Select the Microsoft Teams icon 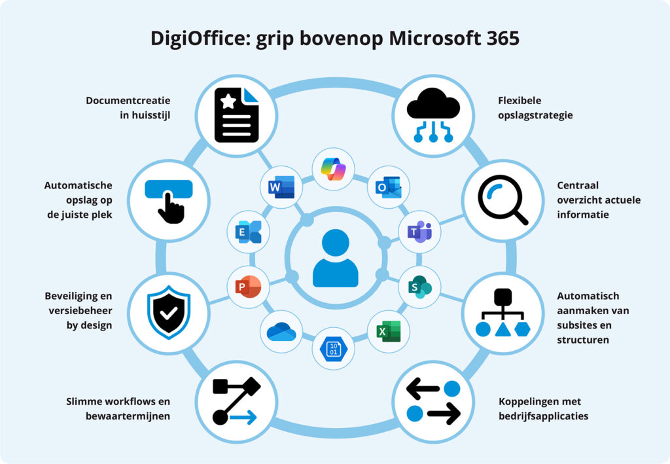419,231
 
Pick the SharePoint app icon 419,287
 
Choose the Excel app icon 388,331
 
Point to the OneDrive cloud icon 281,331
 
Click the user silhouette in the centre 335,259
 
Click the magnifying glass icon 502,201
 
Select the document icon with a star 236,115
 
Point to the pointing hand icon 169,200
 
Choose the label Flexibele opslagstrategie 535,108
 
